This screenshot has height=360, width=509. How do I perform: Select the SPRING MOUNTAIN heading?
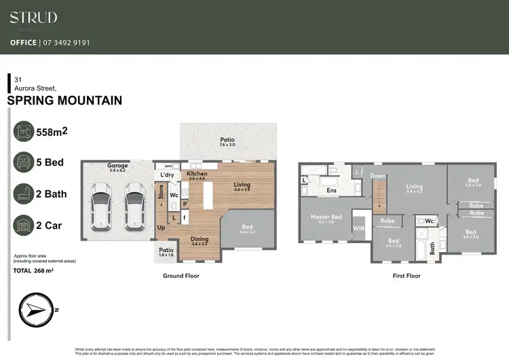(64, 101)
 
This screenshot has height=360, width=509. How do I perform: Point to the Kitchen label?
(197, 175)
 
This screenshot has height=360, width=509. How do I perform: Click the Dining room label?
(200, 239)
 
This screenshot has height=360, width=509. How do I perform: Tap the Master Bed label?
(327, 217)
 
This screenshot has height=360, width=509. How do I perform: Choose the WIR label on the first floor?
(359, 228)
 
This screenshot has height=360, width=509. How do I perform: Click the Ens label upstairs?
(332, 191)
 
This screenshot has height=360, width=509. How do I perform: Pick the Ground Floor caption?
(181, 276)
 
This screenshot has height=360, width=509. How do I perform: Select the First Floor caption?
(406, 276)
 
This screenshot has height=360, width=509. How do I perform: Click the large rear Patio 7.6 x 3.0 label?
(227, 142)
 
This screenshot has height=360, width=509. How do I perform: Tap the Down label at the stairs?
(378, 176)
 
